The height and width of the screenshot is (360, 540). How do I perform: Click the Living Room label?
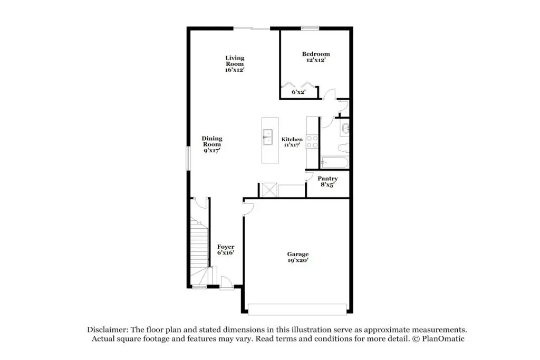click(235, 64)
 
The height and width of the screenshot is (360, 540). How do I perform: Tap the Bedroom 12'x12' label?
click(316, 57)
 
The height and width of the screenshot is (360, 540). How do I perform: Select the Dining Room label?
click(212, 144)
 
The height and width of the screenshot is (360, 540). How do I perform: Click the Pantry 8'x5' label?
click(327, 181)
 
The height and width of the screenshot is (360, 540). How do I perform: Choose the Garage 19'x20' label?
click(298, 257)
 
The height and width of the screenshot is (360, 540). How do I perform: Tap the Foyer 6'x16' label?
click(226, 249)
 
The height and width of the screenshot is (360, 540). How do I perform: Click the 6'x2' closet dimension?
click(298, 92)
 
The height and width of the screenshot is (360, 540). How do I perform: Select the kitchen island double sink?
click(267, 137)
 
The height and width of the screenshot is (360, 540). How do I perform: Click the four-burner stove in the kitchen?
click(312, 142)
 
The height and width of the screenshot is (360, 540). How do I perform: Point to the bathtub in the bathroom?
click(334, 162)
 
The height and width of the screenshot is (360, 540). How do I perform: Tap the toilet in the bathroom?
click(344, 148)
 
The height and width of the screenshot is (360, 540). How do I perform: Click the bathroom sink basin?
click(345, 129)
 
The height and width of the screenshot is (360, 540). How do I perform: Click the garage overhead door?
click(297, 309)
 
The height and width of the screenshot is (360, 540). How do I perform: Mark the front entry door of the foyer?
click(227, 283)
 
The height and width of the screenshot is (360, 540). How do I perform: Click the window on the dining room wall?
click(188, 158)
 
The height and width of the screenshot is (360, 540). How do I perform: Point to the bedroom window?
click(310, 28)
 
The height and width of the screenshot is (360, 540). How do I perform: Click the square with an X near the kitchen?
click(269, 190)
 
